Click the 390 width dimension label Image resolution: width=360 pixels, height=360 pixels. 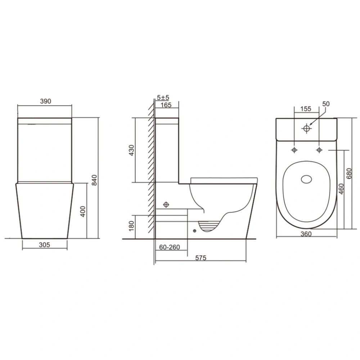[45, 101]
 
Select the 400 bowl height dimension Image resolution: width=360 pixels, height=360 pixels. [83, 211]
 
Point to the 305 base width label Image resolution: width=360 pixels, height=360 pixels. [44, 245]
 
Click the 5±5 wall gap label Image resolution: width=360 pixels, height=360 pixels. [163, 98]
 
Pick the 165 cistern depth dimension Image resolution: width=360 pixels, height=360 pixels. [166, 105]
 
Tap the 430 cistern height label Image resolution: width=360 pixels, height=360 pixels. [131, 150]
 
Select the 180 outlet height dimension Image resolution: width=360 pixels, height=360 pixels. [131, 226]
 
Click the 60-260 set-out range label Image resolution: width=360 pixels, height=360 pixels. [170, 247]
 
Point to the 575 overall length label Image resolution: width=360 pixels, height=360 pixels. [201, 258]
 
